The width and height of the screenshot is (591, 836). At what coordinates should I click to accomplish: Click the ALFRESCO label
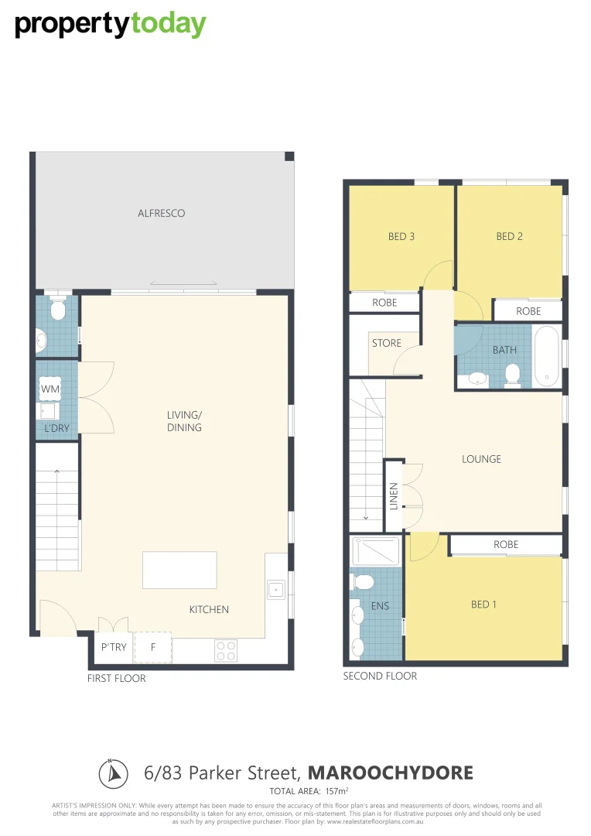coord(161,213)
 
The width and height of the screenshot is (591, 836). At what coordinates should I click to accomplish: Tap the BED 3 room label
coord(401,236)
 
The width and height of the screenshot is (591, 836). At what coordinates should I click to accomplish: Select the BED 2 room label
coord(509,236)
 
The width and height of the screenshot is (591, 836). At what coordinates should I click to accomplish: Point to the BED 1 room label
coord(483,605)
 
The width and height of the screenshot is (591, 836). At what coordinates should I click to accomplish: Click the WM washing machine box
coord(50,388)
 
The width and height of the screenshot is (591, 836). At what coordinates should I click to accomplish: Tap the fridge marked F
coord(153,648)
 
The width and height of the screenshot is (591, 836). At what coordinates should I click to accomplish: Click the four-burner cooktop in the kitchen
coord(226,650)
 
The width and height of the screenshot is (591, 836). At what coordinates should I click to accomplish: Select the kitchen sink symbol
coord(275,590)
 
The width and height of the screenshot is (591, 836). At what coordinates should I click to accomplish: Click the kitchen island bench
coord(179,570)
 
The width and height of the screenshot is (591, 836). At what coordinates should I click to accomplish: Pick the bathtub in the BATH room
coord(546,356)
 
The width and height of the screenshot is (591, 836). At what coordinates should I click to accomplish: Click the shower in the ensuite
coord(375,551)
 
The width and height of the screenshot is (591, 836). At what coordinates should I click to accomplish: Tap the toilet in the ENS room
coord(364,581)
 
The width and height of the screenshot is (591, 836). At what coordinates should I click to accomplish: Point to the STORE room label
coord(387,343)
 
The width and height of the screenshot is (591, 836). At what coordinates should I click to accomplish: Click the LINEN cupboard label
coord(393,496)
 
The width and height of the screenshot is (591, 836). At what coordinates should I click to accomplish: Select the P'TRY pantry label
coord(114,648)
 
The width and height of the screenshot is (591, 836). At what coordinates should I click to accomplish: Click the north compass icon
coord(112,773)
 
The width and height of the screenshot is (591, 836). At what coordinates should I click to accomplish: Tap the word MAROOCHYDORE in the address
coord(390,773)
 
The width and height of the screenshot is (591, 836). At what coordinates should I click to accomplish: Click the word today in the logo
coord(168,25)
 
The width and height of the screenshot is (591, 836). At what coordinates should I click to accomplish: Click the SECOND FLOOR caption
coord(380,676)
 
